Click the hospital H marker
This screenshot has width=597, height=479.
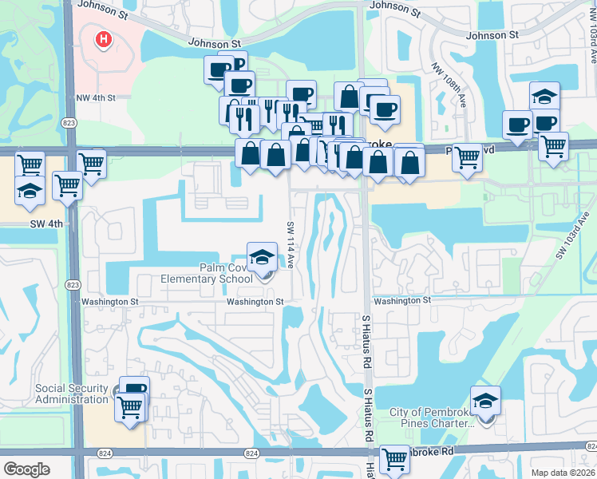[x=103, y=38]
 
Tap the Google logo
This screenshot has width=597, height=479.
[x=26, y=469]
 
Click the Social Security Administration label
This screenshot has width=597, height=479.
[x=72, y=394]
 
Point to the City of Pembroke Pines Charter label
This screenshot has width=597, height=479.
[x=431, y=418]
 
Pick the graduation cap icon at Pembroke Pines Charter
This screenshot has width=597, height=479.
[x=485, y=401]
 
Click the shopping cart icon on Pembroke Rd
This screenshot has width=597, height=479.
[x=394, y=459]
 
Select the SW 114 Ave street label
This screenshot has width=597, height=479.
[x=290, y=243]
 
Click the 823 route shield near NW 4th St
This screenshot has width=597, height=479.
[x=70, y=122]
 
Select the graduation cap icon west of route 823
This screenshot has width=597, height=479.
[x=30, y=191]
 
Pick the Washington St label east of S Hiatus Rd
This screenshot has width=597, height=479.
[x=401, y=301]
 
